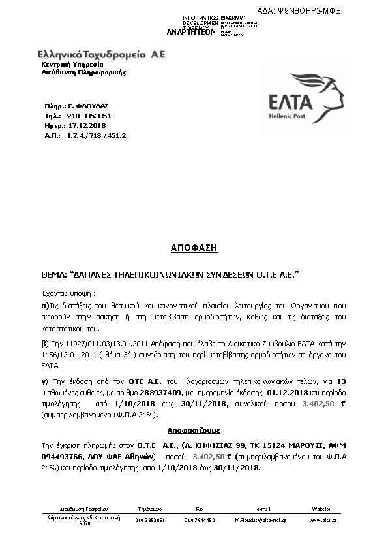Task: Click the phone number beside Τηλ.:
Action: tap(85, 115)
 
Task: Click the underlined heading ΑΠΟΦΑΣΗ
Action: tap(194, 248)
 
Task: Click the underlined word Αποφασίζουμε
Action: tap(194, 431)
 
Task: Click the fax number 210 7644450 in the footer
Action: tap(200, 520)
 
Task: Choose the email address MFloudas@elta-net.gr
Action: tap(263, 520)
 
